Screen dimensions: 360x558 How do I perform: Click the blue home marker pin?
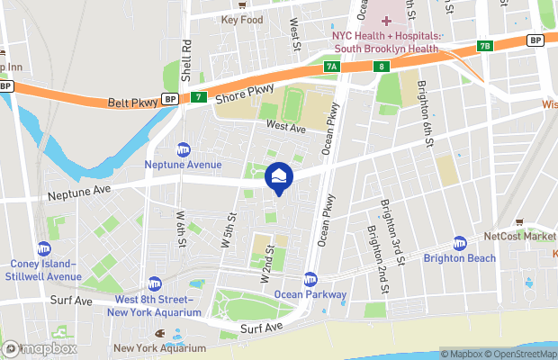click(279, 177)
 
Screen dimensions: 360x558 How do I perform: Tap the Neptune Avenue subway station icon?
click(184, 149)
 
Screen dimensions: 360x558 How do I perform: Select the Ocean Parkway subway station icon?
click(310, 279)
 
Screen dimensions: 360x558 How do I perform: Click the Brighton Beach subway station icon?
click(460, 243)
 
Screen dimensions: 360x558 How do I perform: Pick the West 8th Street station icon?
click(155, 283)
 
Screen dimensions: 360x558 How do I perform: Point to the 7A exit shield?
click(332, 67)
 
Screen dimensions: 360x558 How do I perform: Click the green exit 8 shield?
click(382, 66)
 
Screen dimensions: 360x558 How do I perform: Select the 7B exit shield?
click(486, 45)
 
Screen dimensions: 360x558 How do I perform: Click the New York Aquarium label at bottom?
click(159, 348)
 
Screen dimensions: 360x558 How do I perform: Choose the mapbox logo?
click(40, 348)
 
